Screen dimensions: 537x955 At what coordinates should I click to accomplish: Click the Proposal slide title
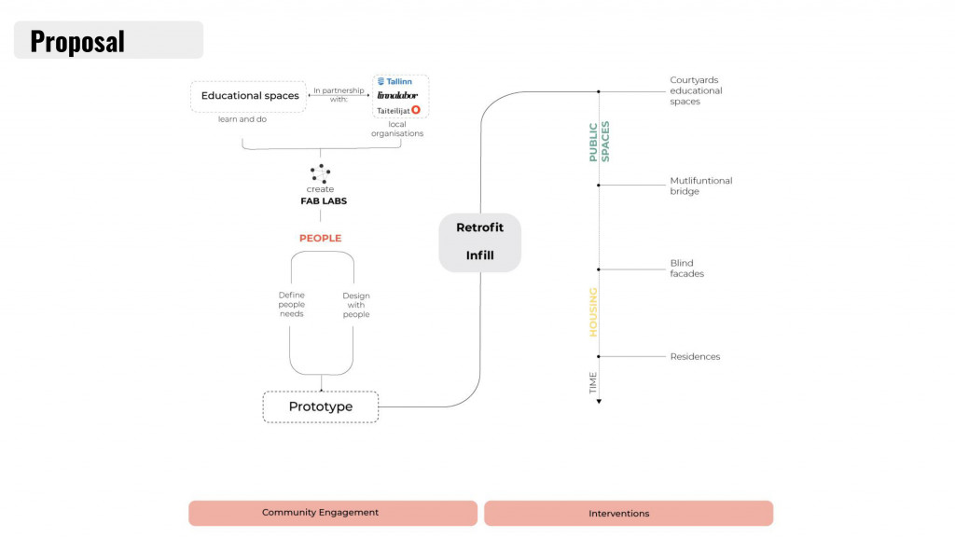[x=77, y=41]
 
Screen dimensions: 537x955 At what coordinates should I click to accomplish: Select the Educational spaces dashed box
[x=248, y=96]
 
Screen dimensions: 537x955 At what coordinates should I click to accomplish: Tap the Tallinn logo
[x=394, y=81]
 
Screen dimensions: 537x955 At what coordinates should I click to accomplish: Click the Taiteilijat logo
[x=398, y=110]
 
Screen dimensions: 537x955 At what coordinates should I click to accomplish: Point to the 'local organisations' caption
[x=397, y=129]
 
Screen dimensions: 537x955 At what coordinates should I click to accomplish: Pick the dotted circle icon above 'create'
[x=320, y=172]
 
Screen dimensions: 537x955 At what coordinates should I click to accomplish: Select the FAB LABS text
[x=320, y=200]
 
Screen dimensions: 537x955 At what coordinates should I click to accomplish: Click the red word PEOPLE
[x=320, y=239]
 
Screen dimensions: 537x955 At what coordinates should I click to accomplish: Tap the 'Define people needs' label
[x=292, y=305]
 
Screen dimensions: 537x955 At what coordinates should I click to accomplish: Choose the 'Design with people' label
[x=356, y=305]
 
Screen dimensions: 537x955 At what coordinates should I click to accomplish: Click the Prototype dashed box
[x=321, y=407]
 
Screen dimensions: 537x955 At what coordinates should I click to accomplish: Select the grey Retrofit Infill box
[x=479, y=242]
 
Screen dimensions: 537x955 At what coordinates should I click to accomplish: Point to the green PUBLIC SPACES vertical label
[x=599, y=142]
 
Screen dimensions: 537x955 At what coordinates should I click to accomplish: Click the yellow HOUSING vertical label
[x=593, y=312]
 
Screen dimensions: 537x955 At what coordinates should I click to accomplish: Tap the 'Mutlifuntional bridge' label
[x=700, y=186]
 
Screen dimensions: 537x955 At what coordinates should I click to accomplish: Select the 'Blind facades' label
[x=686, y=268]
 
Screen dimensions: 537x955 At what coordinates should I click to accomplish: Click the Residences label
[x=695, y=357]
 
